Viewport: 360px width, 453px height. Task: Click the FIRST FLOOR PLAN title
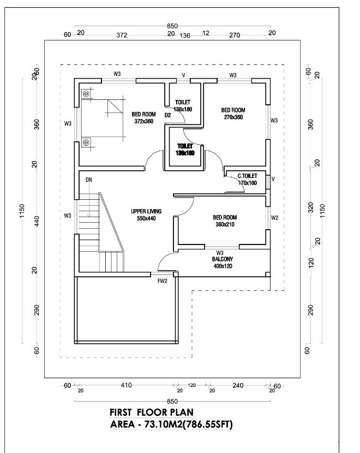pos(152,412)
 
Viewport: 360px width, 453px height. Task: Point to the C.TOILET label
pos(247,176)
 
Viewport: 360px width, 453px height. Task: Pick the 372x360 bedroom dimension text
pos(142,121)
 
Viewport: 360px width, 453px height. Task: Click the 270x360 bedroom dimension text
pos(233,117)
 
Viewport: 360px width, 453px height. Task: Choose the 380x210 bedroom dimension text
pos(224,224)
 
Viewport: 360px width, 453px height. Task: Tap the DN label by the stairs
pos(88,180)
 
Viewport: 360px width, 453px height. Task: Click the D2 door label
pos(168,115)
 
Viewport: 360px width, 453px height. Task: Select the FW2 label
pos(162,281)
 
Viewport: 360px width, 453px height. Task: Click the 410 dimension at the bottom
pos(126,385)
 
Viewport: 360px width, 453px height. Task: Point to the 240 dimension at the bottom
pos(238,385)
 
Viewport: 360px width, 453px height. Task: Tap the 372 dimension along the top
pos(122,35)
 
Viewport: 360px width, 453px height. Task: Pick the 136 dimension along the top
pos(185,35)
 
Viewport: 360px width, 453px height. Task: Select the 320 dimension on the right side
pos(310,208)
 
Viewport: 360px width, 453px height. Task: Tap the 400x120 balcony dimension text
pos(223,266)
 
